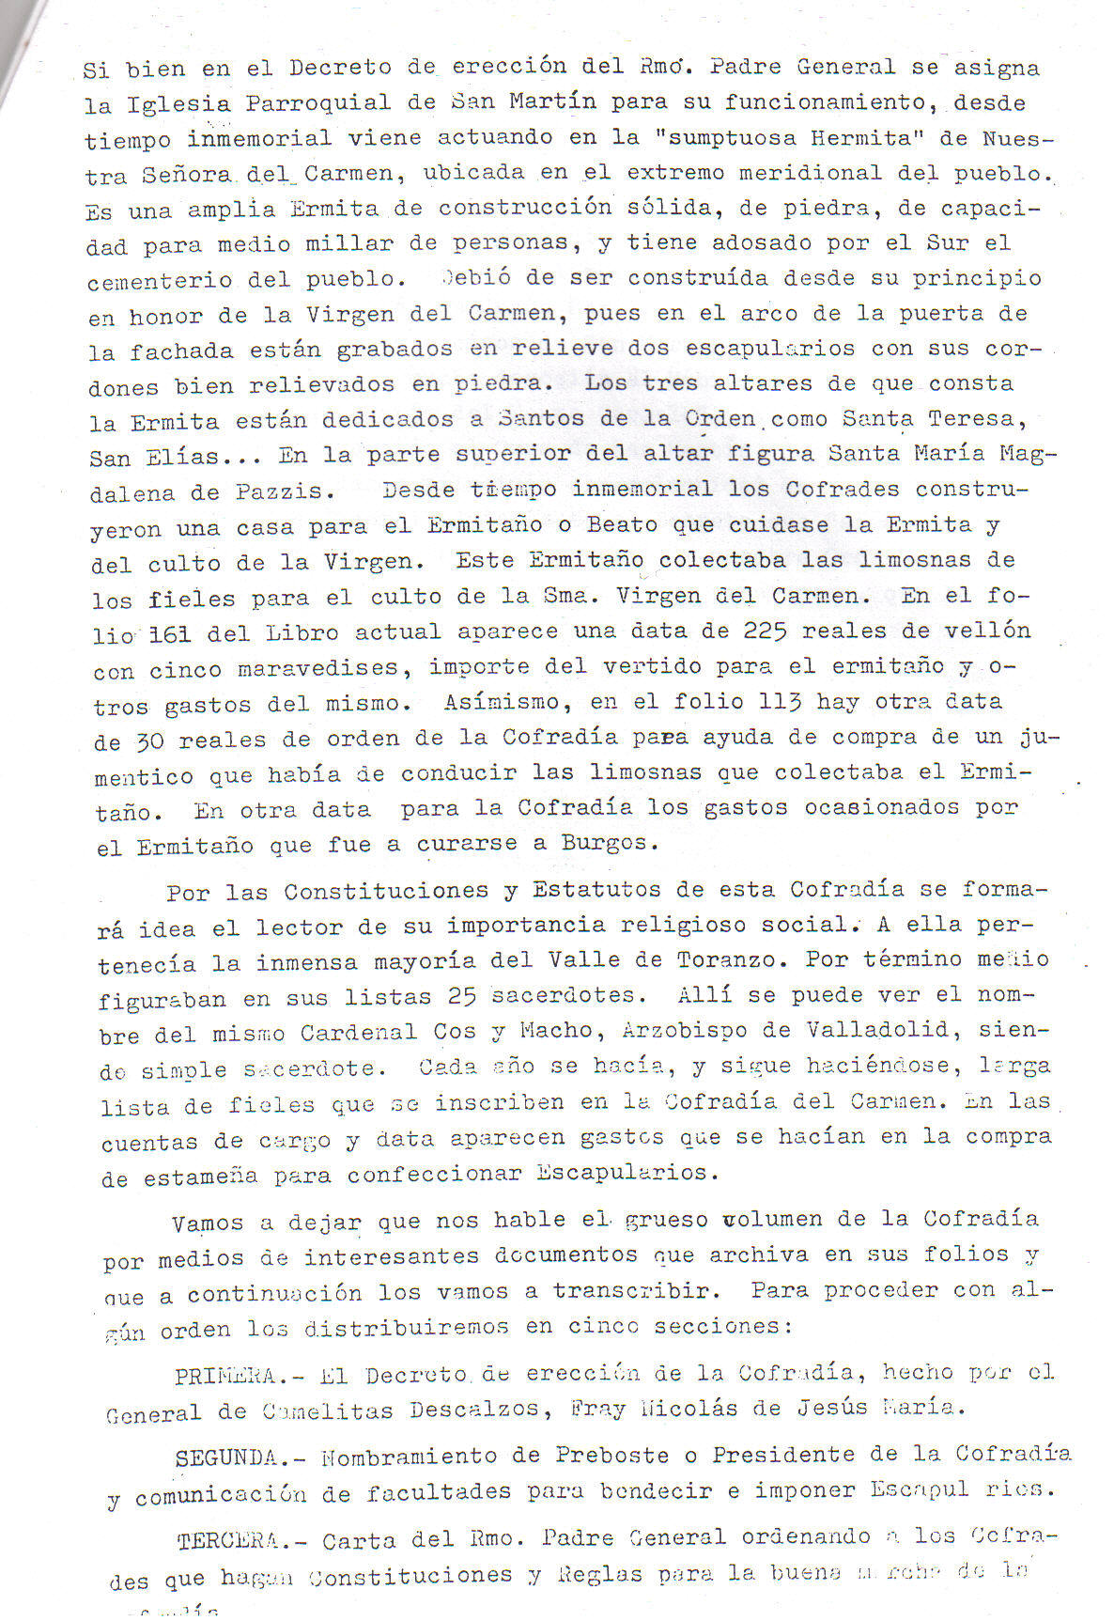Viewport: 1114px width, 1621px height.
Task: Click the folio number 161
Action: coord(169,634)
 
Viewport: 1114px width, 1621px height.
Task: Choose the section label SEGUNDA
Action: coord(225,1457)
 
